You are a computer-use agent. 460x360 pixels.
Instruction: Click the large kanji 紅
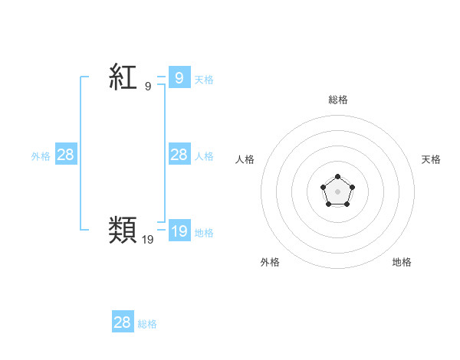click(123, 77)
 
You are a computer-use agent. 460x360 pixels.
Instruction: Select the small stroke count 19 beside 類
click(147, 240)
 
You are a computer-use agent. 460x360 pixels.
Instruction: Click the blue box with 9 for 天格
click(179, 77)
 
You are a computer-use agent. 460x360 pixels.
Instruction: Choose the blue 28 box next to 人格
click(179, 155)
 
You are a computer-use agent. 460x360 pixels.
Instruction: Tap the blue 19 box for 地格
click(179, 231)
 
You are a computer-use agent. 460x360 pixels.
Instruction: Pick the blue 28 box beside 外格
click(65, 155)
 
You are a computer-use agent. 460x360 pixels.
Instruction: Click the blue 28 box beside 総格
click(122, 322)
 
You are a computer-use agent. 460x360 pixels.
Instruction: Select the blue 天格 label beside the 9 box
click(203, 79)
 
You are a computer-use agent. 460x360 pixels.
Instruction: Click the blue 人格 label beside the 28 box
click(203, 156)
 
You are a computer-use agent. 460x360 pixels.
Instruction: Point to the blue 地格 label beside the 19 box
click(203, 233)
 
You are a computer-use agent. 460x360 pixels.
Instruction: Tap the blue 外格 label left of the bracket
click(41, 156)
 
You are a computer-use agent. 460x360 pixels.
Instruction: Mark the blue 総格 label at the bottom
click(147, 324)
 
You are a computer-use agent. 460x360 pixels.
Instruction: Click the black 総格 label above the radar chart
click(337, 100)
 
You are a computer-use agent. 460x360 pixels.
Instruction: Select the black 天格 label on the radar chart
click(431, 159)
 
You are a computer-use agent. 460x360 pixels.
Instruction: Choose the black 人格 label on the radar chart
click(245, 159)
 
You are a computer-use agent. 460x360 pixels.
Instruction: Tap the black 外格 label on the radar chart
click(270, 262)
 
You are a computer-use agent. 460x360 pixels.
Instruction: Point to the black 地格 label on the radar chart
click(402, 262)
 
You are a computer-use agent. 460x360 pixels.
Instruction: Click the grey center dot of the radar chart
click(337, 191)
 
